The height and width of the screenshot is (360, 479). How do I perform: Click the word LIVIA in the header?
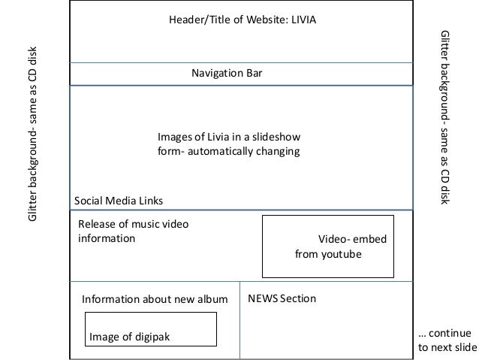pos(302,20)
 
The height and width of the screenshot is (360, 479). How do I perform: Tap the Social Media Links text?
pos(118,201)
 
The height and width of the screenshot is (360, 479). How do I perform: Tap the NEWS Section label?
pos(282,298)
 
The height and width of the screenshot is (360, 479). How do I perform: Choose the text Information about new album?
pos(154,299)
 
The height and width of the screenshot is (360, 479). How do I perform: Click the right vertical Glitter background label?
pos(444,116)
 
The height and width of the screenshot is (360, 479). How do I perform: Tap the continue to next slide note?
pos(446,340)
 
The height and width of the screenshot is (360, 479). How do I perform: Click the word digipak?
pos(153,336)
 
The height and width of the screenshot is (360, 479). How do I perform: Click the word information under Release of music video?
pos(107,239)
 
